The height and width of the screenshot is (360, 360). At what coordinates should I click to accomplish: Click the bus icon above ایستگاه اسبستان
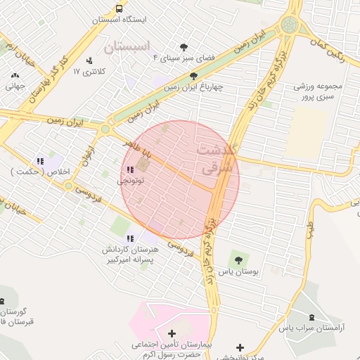119,9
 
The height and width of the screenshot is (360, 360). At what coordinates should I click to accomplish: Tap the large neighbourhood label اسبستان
127,47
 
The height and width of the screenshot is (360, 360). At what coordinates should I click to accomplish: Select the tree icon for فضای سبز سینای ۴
184,47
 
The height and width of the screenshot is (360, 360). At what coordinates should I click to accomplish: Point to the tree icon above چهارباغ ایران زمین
193,76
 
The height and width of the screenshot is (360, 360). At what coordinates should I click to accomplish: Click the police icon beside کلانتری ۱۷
89,60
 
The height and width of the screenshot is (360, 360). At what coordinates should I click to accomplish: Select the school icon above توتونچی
129,169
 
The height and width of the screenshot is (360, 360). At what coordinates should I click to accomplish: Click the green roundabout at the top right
289,26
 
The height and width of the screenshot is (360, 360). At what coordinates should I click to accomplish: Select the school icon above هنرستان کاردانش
131,238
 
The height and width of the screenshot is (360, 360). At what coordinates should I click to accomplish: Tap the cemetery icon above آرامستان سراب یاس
312,317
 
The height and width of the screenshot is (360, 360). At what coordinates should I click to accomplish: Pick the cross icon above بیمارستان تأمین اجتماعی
172,333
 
